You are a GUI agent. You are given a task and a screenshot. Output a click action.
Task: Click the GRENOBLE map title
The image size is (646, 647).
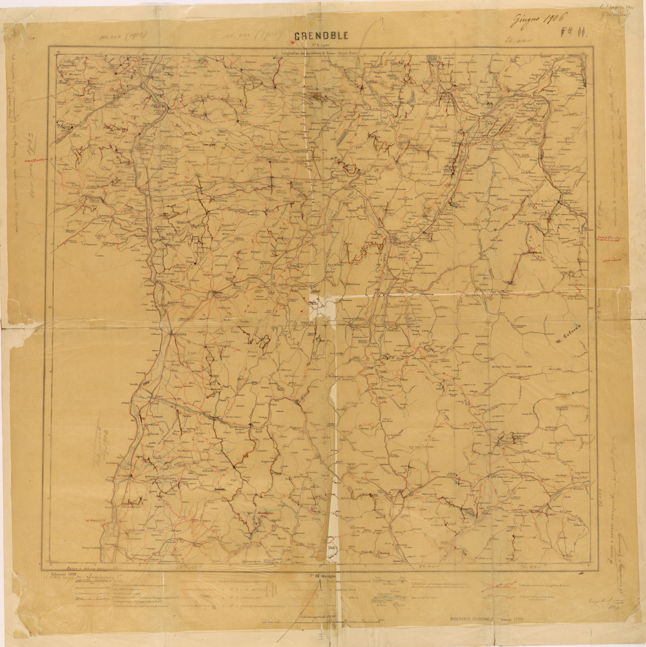click(x=321, y=36)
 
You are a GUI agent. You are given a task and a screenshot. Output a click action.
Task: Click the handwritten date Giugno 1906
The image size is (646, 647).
click(x=536, y=20)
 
